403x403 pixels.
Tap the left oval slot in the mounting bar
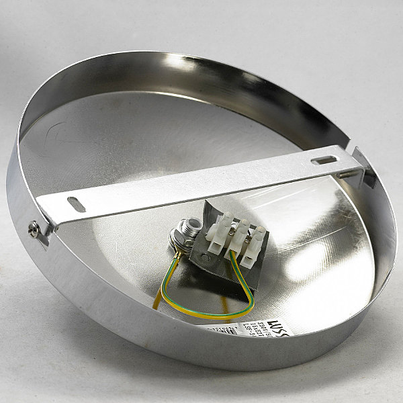tap(77, 204)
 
